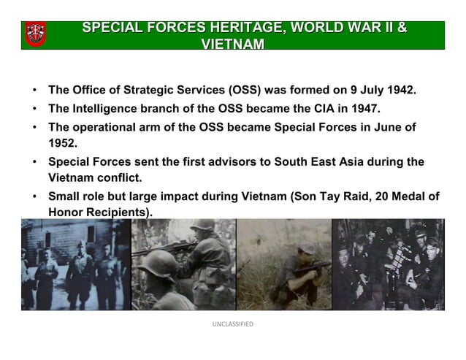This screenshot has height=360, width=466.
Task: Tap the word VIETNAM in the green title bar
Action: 232,44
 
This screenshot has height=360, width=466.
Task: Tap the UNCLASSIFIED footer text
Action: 232,324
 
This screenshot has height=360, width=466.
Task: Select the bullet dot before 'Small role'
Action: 34,196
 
